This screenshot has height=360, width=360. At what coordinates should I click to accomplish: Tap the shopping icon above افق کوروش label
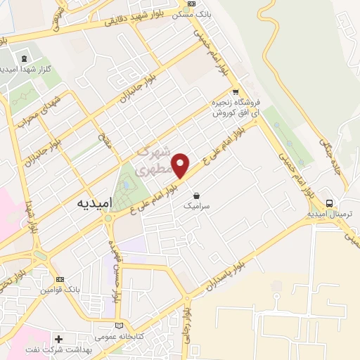click(x=236, y=91)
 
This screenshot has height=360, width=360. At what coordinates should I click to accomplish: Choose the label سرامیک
click(x=196, y=207)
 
